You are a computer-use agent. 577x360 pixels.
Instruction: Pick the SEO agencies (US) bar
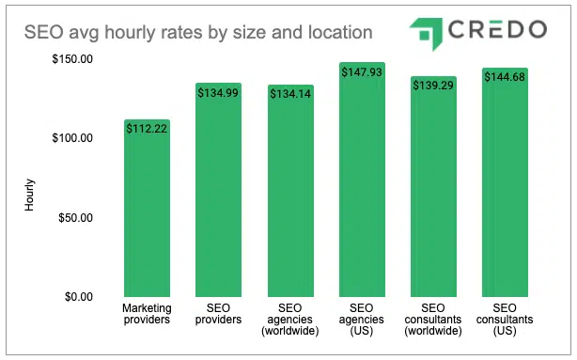362,180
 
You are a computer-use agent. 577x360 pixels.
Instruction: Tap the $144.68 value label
505,78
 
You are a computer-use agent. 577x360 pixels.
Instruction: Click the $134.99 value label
218,94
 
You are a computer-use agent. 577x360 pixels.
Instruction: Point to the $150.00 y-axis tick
72,59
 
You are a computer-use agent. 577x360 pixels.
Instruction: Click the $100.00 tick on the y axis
72,138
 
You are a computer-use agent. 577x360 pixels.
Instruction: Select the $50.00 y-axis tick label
75,218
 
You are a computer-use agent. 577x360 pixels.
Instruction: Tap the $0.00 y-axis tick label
78,297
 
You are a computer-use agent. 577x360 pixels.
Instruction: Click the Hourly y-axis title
29,193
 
